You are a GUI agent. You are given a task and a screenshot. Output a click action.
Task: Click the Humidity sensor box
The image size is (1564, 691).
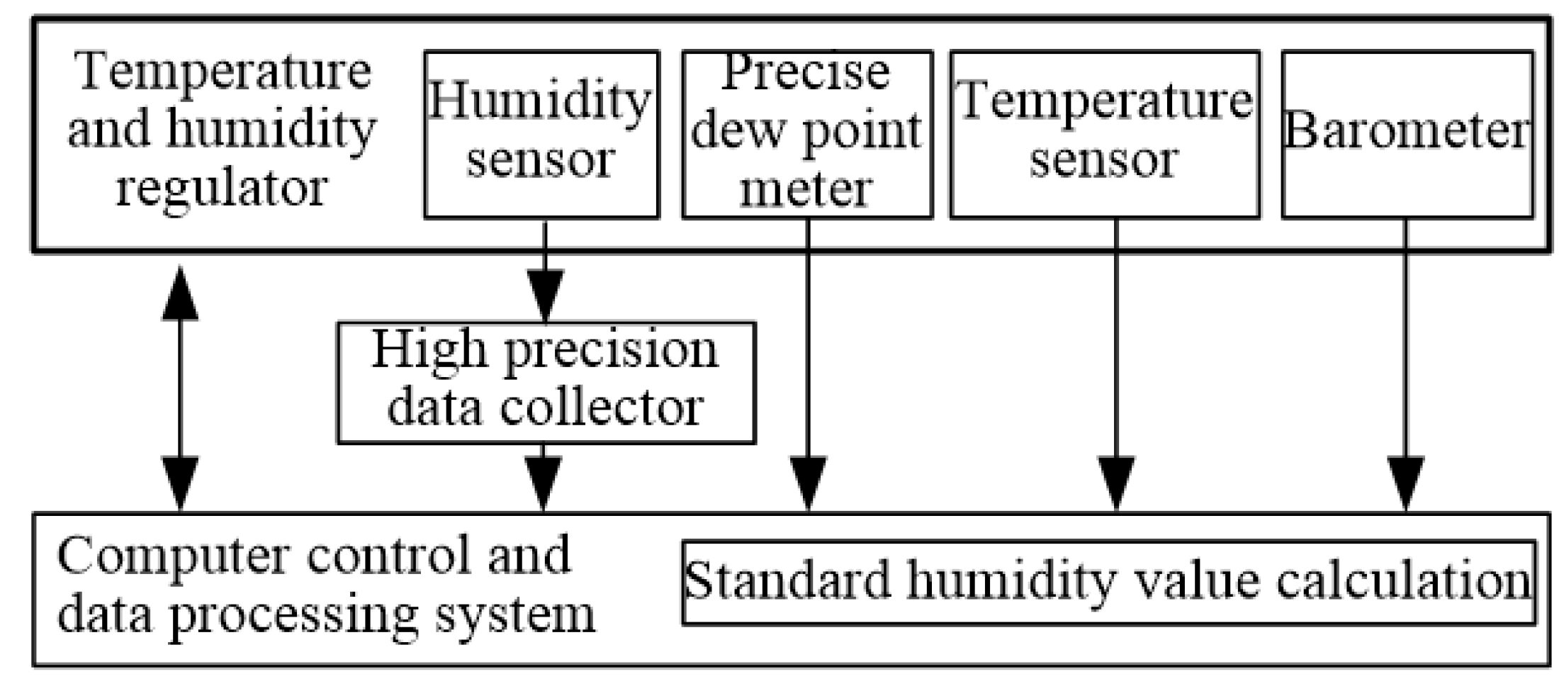click(541, 134)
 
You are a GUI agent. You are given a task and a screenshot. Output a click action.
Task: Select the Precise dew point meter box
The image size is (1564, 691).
click(806, 134)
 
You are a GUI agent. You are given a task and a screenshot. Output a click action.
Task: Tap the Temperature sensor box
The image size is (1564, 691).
click(1104, 134)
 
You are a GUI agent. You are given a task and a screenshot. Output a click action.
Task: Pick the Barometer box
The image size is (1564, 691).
click(1407, 134)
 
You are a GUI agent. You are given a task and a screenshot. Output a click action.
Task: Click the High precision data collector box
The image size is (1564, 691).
click(546, 383)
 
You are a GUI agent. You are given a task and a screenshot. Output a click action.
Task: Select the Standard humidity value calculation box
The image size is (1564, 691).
click(1108, 582)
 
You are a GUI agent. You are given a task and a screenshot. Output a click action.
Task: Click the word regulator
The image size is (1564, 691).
click(222, 189)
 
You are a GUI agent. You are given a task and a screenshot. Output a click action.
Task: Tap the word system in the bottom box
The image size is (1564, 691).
click(515, 614)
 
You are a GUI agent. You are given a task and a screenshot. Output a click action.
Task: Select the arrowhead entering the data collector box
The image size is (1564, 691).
click(545, 296)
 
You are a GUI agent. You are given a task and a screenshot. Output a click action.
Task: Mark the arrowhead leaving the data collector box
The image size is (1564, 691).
click(543, 483)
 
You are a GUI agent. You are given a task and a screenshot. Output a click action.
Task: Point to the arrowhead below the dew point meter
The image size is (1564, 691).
click(808, 483)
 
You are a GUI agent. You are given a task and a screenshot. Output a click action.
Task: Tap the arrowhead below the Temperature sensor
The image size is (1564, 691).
click(1116, 483)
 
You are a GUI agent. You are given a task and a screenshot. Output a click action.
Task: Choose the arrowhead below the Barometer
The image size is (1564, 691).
click(1405, 483)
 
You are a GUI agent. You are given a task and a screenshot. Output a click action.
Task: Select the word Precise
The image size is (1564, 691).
click(806, 72)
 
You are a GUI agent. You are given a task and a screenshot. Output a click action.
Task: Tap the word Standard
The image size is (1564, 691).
click(787, 582)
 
